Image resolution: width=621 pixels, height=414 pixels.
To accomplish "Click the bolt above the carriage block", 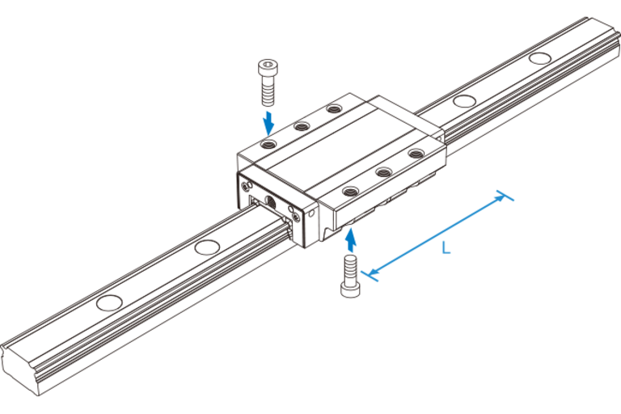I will (x=267, y=81).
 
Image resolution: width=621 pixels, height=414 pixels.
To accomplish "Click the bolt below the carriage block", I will (x=350, y=277).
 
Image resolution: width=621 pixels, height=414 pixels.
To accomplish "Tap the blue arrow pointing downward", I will (x=268, y=124).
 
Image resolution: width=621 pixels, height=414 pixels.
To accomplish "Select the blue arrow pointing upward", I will (x=350, y=239).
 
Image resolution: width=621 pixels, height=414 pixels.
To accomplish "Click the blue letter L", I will (x=445, y=248).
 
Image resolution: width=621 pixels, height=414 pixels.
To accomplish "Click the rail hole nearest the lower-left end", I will (x=107, y=302).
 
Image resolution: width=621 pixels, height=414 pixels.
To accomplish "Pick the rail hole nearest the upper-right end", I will (x=537, y=58).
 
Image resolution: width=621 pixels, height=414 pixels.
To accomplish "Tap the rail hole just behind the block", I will (x=463, y=101).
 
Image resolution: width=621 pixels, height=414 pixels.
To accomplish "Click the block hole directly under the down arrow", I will (x=269, y=144).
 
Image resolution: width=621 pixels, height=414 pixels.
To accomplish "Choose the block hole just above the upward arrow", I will (x=351, y=191).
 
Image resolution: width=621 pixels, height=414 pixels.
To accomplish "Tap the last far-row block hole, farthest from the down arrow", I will (x=333, y=108).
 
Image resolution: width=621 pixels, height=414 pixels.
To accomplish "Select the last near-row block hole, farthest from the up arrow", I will (x=416, y=152).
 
